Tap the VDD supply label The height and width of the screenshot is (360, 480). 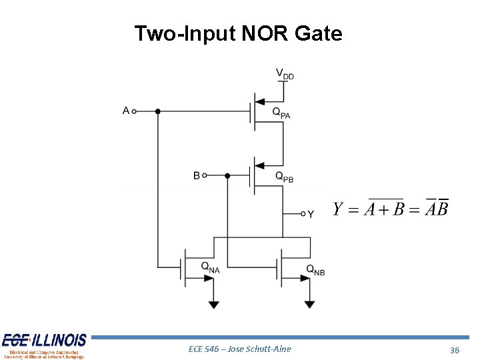[284, 73]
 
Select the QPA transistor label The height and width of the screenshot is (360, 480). [281, 113]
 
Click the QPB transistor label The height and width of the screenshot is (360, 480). [284, 177]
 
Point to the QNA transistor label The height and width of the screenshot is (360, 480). [210, 267]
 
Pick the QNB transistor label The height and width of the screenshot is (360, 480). [315, 269]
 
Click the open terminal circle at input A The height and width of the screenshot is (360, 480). [135, 111]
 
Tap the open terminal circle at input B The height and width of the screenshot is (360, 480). [205, 175]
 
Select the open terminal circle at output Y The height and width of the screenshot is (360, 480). [302, 214]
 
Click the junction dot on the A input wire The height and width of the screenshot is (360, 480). [158, 111]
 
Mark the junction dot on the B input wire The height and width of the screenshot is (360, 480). [227, 175]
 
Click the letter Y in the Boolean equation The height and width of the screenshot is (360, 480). [339, 209]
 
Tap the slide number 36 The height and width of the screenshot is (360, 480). [455, 350]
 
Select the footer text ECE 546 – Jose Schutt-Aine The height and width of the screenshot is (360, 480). [240, 349]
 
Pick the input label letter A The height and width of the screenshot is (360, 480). [126, 111]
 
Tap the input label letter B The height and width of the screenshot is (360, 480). [197, 175]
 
